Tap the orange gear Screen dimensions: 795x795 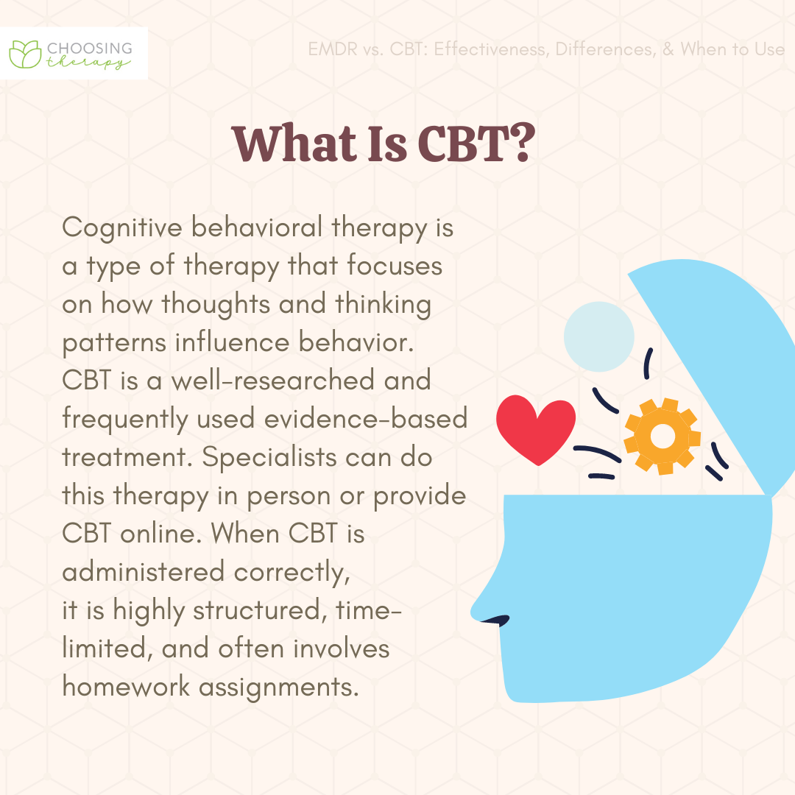click(662, 436)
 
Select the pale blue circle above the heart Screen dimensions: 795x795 click(598, 336)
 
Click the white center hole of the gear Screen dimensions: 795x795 click(662, 436)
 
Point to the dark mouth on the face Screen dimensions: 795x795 click(496, 620)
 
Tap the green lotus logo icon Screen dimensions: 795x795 click(25, 54)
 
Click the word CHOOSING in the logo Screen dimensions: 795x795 click(90, 48)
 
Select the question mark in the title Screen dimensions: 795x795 click(520, 143)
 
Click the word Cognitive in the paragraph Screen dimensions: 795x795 click(122, 227)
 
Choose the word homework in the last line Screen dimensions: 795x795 click(126, 687)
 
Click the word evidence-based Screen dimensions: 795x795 click(366, 419)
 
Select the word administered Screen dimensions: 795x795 click(143, 572)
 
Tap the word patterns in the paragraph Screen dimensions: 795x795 click(114, 343)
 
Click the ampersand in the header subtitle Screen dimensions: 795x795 click(668, 49)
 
